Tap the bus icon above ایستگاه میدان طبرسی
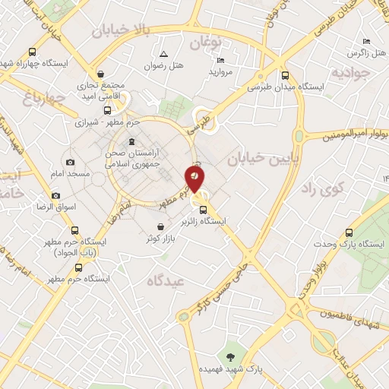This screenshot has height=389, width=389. click(286, 75)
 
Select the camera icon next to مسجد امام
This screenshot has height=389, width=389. click(71, 162)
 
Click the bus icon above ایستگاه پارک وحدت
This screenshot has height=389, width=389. click(349, 232)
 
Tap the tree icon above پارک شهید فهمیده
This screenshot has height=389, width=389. click(229, 357)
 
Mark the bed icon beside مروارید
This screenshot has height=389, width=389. click(221, 60)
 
